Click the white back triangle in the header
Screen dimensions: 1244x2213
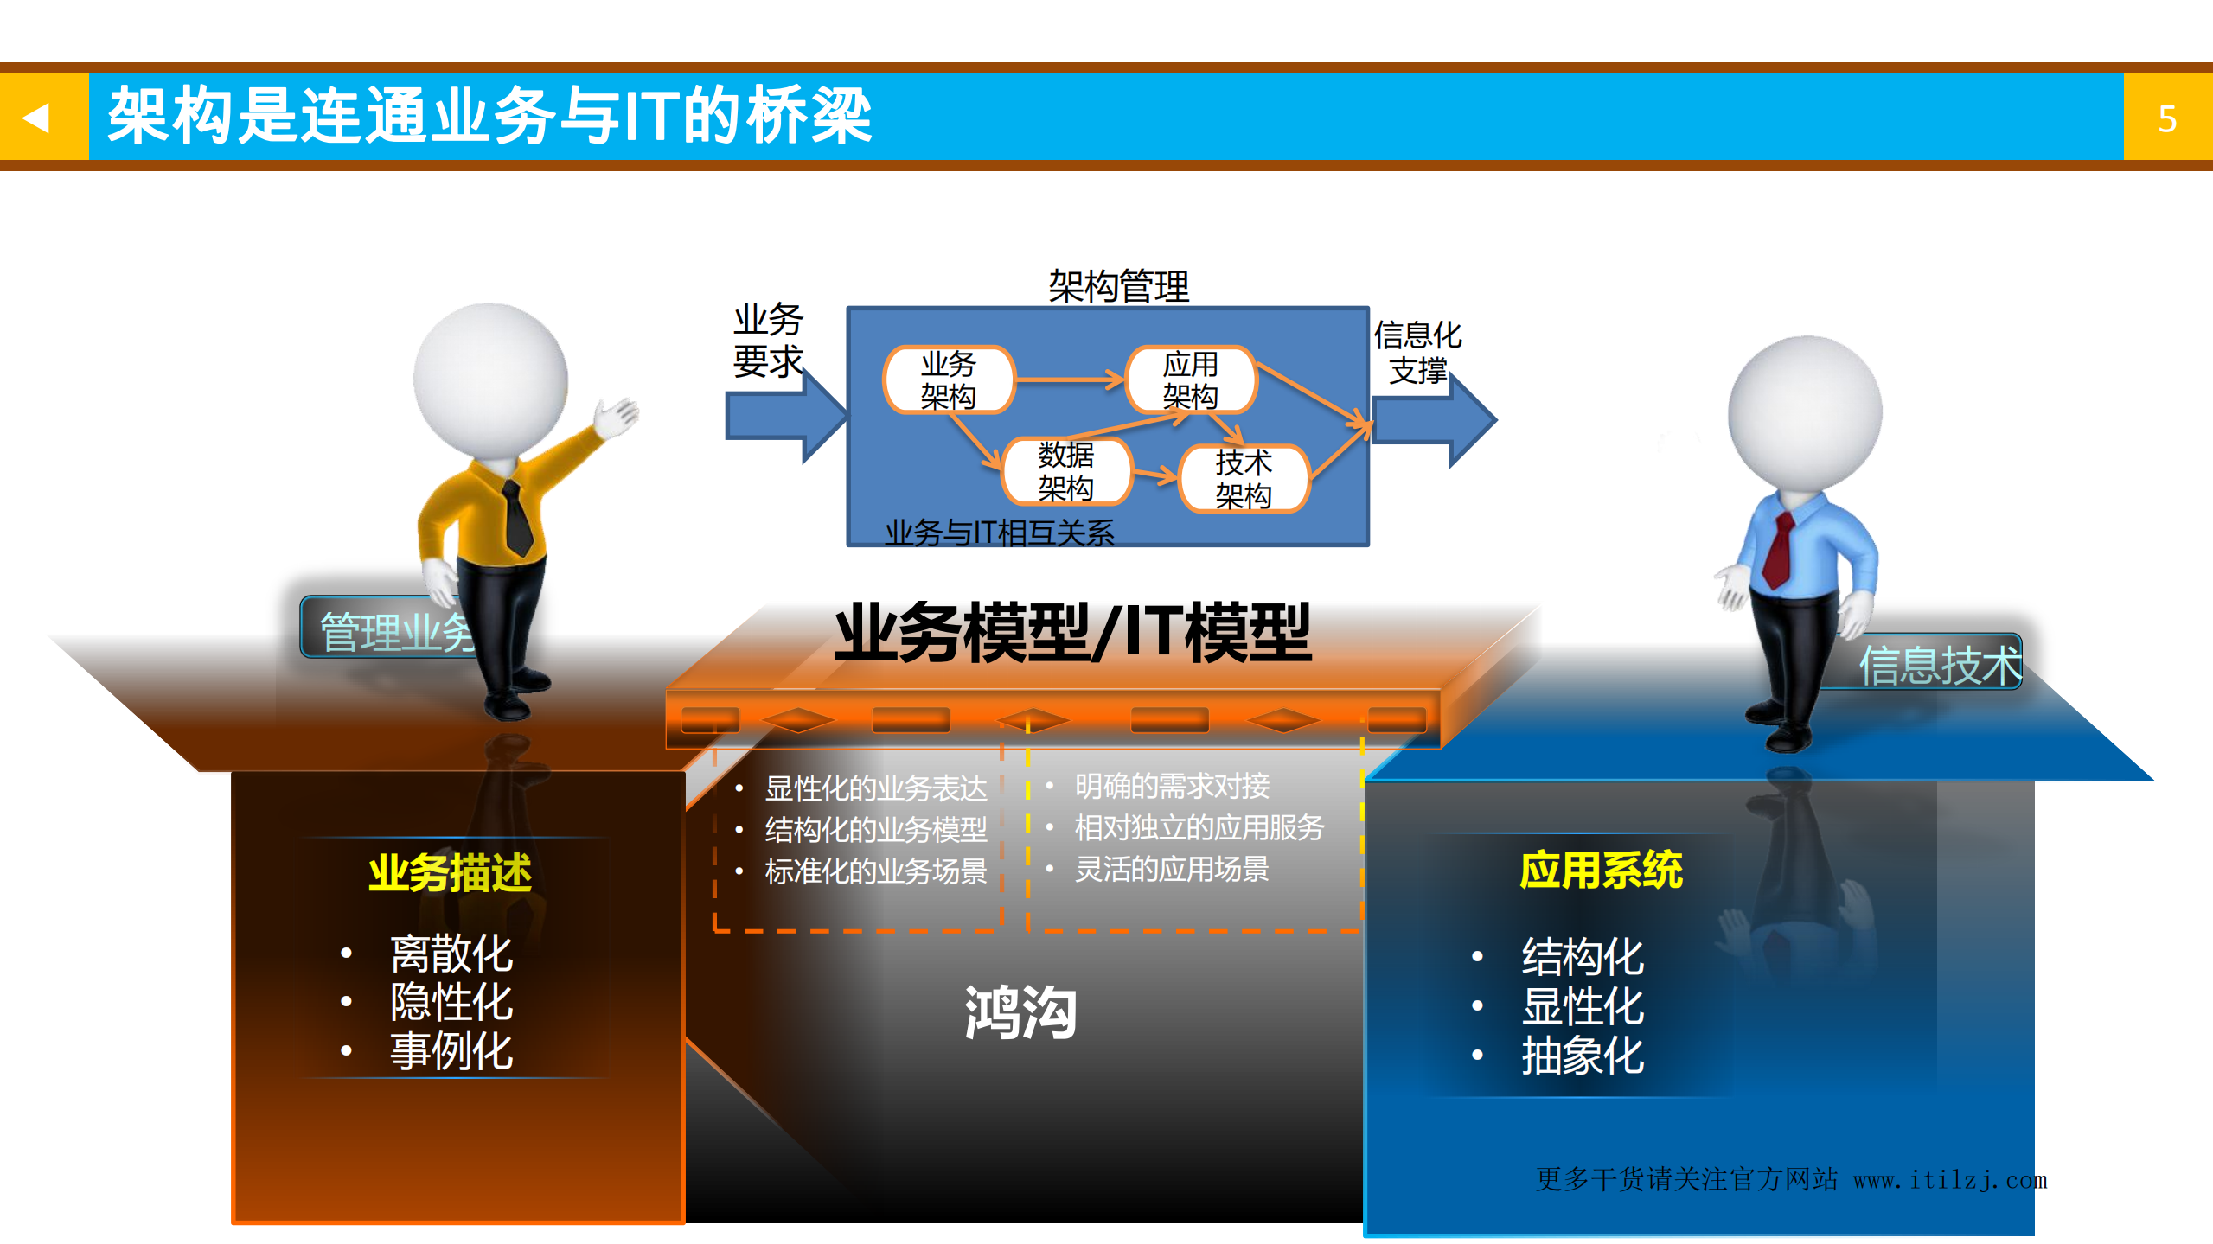click(36, 117)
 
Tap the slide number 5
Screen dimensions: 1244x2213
click(2166, 118)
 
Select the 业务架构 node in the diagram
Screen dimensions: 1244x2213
click(948, 380)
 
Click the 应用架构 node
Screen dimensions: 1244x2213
click(1190, 380)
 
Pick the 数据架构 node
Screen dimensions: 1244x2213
click(1065, 471)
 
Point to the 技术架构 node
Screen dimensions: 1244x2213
click(1244, 479)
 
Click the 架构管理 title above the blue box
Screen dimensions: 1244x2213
click(1118, 286)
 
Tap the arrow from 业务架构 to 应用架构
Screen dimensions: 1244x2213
click(1069, 380)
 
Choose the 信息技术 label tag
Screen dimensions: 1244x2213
click(1940, 665)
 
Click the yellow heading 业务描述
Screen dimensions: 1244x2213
click(450, 873)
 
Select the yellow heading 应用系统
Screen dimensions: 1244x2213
click(1601, 870)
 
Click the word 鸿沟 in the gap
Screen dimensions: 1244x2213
click(1020, 1012)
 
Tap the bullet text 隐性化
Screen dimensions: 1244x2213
click(451, 1003)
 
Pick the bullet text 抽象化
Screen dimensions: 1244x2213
click(1583, 1056)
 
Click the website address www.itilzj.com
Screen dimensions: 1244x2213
click(1950, 1180)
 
